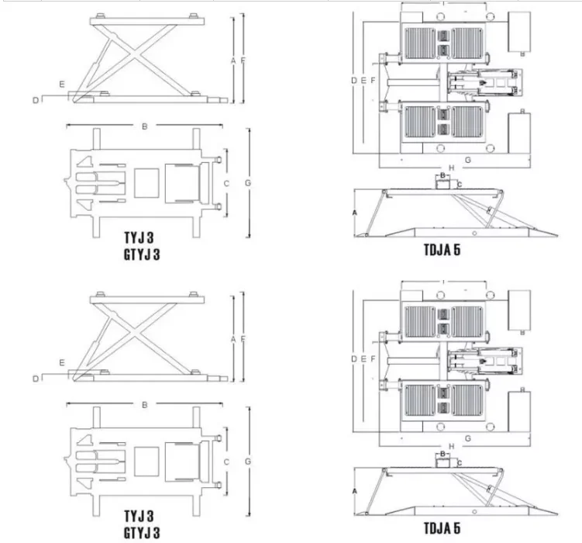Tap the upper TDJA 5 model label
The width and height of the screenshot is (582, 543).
[x=444, y=250]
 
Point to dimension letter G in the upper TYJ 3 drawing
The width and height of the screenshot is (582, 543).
[x=247, y=183]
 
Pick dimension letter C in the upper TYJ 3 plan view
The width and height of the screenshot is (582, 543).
[x=226, y=183]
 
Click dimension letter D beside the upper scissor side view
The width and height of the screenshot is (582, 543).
[x=36, y=99]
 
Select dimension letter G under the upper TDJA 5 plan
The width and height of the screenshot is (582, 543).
[x=468, y=159]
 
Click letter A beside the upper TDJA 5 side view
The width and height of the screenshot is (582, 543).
[x=355, y=212]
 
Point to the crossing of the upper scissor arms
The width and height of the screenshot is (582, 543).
[x=143, y=57]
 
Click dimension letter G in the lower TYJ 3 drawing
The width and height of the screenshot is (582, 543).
[x=247, y=462]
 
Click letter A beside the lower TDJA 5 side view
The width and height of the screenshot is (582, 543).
[x=355, y=491]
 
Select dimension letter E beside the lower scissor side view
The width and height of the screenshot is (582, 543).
[x=61, y=362]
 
